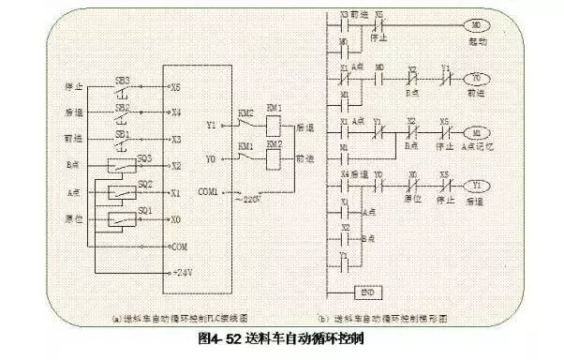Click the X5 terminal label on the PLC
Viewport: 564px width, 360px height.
[x=175, y=85]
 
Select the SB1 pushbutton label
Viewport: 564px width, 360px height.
[x=121, y=132]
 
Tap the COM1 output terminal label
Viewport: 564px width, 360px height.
[x=208, y=191]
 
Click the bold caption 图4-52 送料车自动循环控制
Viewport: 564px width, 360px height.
[x=280, y=335]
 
